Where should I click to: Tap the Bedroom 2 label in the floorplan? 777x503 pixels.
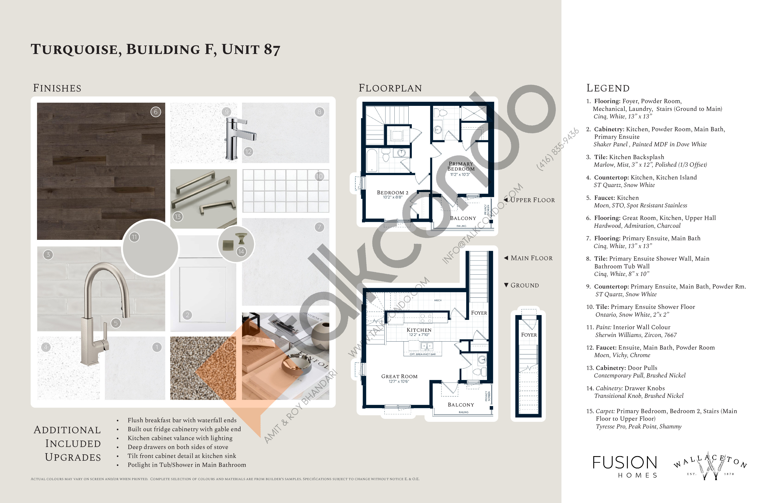point(392,193)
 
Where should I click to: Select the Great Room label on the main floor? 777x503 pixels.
point(399,377)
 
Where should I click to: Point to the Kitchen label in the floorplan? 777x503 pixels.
point(419,330)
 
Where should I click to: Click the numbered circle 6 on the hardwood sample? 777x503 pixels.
point(156,112)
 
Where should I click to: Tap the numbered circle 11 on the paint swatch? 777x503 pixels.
point(134,237)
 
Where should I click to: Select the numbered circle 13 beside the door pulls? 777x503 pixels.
point(178,217)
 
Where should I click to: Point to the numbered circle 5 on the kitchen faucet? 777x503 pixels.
point(116,323)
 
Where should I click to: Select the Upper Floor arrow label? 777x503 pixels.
point(529,200)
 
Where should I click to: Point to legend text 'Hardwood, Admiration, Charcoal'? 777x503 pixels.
point(637,226)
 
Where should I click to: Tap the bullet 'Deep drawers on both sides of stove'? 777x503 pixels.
point(178,447)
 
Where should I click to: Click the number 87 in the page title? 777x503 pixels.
point(272,50)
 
